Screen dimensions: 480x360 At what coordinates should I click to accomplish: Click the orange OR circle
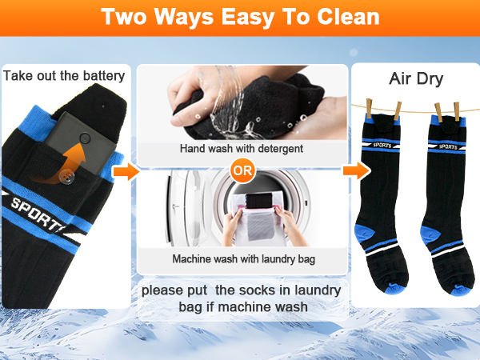click(x=242, y=170)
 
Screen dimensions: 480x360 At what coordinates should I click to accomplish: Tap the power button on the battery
click(x=85, y=138)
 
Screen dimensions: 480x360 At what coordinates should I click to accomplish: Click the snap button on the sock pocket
click(x=66, y=177)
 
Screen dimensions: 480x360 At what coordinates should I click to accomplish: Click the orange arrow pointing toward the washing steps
click(x=126, y=171)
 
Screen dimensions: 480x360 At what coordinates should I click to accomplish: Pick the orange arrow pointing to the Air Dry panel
click(x=356, y=170)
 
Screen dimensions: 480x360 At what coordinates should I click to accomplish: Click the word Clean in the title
click(x=348, y=17)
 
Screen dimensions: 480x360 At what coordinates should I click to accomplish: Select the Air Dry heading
click(x=416, y=78)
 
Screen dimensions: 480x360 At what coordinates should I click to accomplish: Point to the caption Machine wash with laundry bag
click(x=244, y=259)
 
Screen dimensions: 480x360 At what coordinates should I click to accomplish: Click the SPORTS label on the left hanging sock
click(x=382, y=145)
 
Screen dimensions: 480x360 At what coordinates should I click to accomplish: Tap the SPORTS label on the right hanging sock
click(x=448, y=146)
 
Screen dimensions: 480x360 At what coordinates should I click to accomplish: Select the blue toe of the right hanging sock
click(x=461, y=290)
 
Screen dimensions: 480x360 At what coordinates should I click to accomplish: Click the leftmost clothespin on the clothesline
click(x=369, y=108)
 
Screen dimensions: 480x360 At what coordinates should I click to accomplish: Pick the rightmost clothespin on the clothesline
click(x=457, y=111)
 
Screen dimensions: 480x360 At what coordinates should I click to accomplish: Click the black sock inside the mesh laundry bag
click(x=259, y=201)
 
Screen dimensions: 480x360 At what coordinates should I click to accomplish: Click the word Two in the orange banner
click(x=124, y=17)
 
